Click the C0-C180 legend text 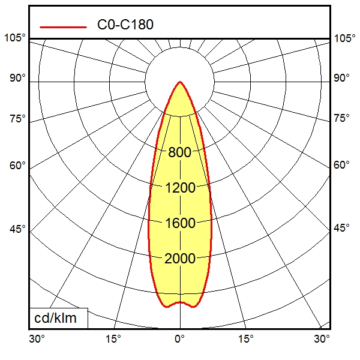125,25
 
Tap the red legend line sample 63,26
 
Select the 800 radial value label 180,152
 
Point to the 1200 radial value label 180,188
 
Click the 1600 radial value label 180,223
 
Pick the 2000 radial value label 180,259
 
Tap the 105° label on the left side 15,38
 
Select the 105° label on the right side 344,38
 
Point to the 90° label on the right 342,78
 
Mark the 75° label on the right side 342,118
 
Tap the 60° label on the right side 342,166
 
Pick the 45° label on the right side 342,229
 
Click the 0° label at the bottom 179,339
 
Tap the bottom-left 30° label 37,339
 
